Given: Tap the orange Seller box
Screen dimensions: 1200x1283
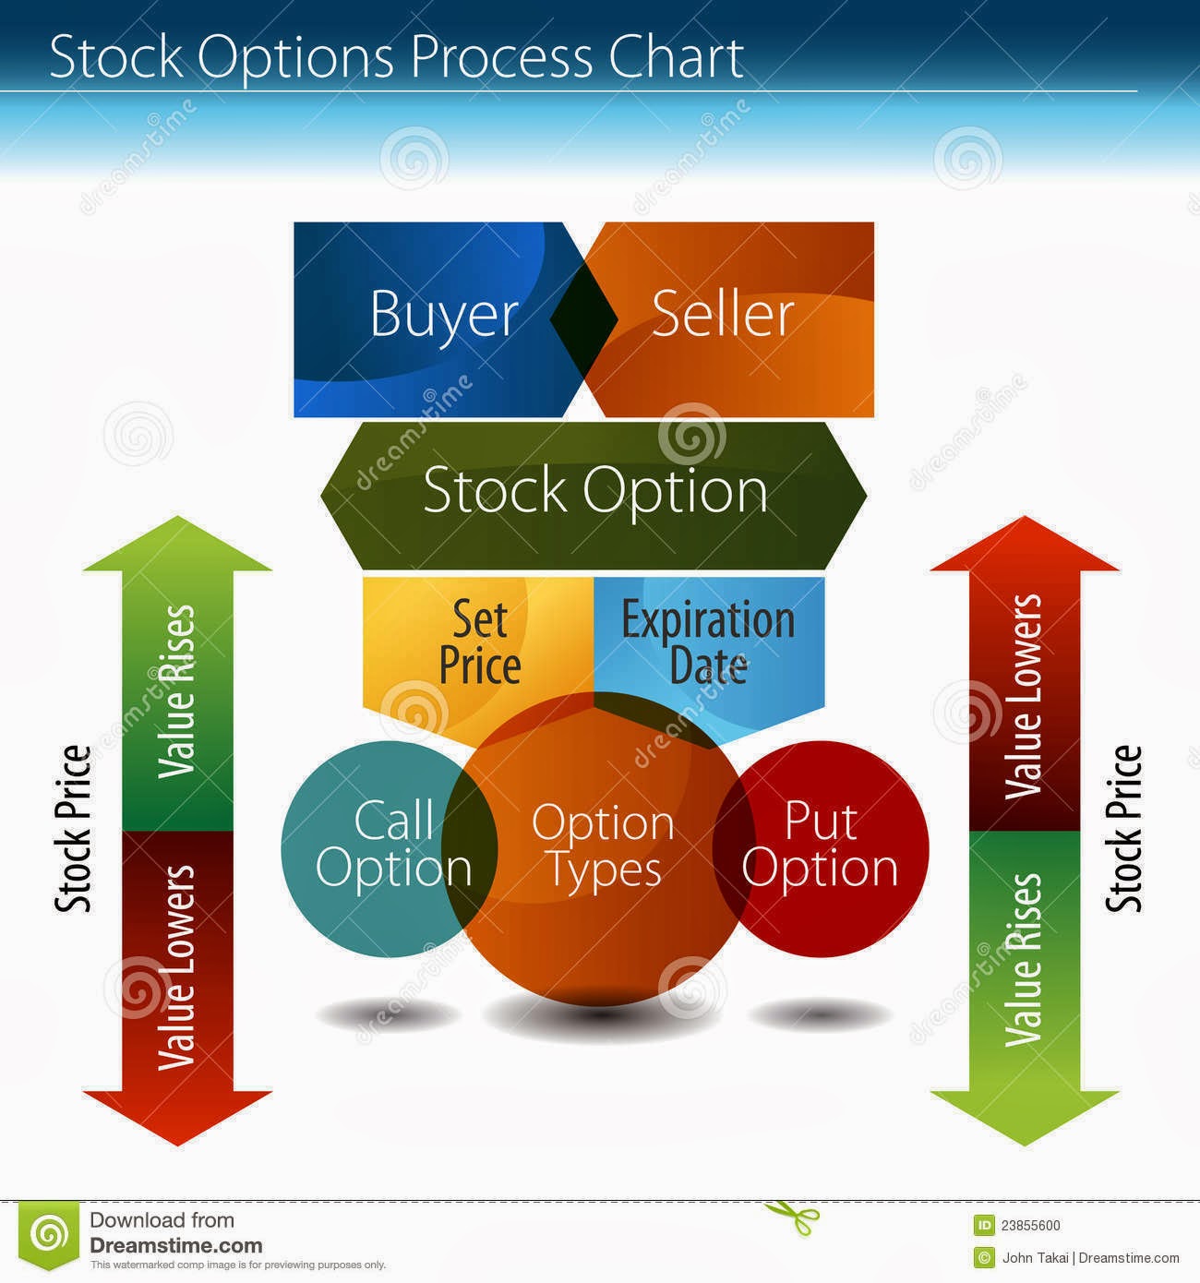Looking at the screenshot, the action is tap(730, 319).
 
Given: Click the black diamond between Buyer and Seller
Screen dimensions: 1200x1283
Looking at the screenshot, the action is tap(584, 319).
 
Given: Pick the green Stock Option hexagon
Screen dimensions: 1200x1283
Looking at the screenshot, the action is tap(594, 496).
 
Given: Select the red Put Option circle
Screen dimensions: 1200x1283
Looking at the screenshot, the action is tap(821, 848).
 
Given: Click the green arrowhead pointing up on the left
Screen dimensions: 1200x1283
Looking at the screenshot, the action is tap(177, 544).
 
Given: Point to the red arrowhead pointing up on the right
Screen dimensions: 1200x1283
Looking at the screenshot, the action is tap(1025, 544).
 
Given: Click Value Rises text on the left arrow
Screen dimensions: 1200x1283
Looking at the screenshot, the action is tap(175, 692).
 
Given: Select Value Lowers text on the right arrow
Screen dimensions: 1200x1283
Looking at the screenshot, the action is tap(1024, 696).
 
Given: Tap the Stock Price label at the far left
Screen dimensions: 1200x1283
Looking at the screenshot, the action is tap(72, 829).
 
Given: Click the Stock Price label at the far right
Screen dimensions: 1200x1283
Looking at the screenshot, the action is tap(1123, 829).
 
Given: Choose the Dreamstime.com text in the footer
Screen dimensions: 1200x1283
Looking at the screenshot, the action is tap(175, 1245).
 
